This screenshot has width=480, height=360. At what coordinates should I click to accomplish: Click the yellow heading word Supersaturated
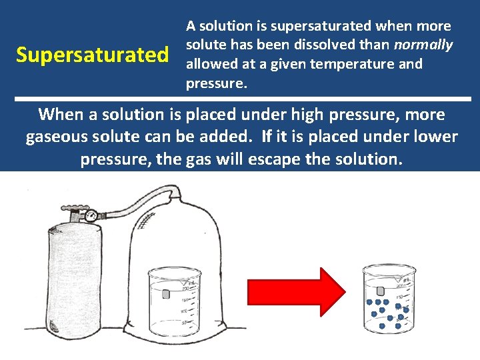[93, 55]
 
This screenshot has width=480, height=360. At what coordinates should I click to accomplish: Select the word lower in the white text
[433, 137]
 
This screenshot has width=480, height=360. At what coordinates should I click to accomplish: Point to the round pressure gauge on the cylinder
[91, 215]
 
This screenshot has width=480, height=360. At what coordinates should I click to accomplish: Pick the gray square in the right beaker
[381, 291]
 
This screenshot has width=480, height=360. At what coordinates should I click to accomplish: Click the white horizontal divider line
[240, 99]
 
